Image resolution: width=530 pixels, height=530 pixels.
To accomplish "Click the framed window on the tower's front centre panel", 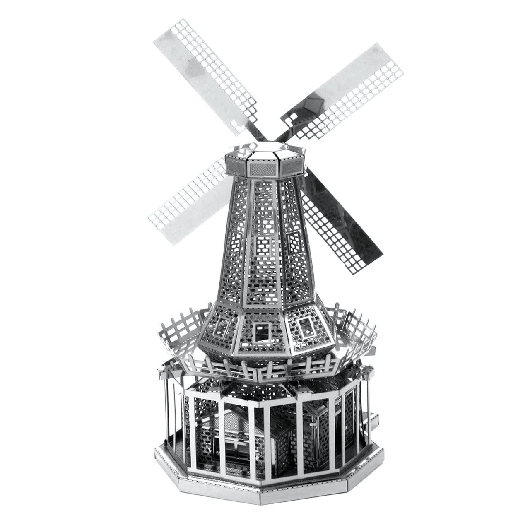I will click(x=263, y=245).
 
